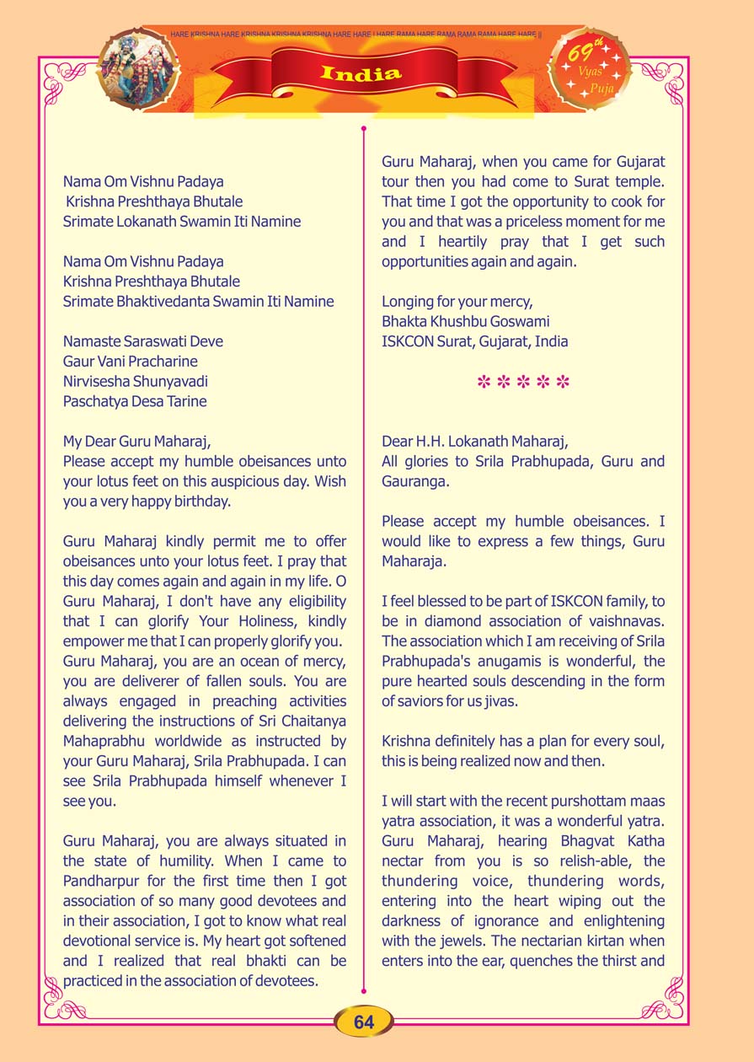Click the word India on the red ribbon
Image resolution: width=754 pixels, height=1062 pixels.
(361, 74)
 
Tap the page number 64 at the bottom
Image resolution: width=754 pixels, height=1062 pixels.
(364, 1022)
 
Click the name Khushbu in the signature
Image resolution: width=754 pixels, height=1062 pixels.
(462, 321)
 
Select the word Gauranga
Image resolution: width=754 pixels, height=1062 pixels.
(415, 480)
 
